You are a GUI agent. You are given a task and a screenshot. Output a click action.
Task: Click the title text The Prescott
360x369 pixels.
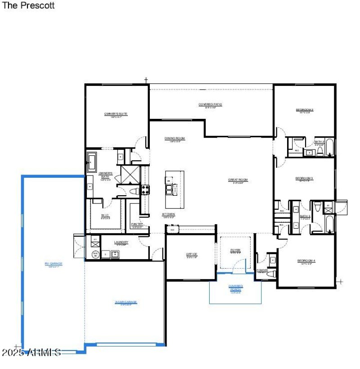[29, 6]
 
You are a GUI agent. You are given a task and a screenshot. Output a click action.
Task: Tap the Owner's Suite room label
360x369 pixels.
[116, 114]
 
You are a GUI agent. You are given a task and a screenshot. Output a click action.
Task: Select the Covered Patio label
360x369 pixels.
[210, 105]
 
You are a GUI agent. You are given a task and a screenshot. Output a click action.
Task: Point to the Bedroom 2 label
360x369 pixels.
[305, 110]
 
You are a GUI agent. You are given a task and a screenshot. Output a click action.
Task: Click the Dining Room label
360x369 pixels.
[175, 139]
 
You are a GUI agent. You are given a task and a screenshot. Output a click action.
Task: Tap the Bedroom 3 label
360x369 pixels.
[304, 179]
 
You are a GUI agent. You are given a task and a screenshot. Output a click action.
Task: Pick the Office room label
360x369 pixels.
[192, 255]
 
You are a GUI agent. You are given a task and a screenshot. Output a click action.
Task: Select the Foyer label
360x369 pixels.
[235, 250]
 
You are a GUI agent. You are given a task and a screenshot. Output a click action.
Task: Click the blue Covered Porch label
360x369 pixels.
[235, 288]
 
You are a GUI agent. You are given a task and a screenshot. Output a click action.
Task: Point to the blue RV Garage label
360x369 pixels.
[53, 264]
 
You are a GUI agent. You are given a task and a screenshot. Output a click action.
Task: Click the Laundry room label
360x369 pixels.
[121, 243]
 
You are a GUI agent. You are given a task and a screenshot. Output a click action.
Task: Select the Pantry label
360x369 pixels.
[137, 224]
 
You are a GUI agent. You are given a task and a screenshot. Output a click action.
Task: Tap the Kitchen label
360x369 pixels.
[169, 214]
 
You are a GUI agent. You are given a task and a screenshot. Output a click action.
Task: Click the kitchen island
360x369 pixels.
[174, 189]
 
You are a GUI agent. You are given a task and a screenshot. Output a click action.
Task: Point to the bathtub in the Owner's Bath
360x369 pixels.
[92, 161]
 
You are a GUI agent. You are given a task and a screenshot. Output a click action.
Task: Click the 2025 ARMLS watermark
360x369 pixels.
[31, 352]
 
